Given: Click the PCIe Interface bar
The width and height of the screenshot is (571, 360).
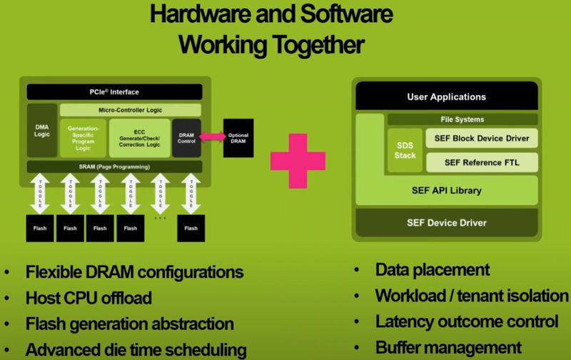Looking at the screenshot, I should (x=114, y=92).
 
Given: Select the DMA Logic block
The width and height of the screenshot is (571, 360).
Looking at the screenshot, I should (x=42, y=130).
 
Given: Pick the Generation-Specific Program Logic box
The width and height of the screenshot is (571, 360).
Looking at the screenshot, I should (x=83, y=137).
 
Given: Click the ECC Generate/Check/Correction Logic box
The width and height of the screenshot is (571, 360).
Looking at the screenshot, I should (x=139, y=137).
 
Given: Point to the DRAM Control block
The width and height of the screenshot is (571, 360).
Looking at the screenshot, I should (x=186, y=137).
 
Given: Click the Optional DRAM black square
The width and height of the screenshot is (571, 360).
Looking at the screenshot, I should (x=238, y=137).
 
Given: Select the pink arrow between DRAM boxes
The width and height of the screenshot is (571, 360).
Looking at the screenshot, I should (x=211, y=136).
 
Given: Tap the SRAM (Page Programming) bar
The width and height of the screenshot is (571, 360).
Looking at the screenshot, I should (x=114, y=166).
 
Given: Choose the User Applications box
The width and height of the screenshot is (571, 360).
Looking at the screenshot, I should (x=446, y=96).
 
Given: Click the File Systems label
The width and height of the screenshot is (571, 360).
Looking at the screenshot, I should (x=462, y=119).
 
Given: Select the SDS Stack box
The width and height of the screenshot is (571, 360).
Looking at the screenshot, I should (x=404, y=150).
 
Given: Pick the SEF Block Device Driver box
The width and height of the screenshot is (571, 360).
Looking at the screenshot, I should (x=482, y=138).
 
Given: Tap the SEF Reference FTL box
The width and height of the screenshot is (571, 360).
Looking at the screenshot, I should (x=482, y=162).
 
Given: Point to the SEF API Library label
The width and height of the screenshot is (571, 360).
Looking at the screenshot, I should (x=446, y=190).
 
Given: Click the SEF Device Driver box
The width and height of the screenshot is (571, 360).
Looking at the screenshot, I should (x=446, y=223).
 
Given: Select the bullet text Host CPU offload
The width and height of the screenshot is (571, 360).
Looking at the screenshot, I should (x=89, y=298).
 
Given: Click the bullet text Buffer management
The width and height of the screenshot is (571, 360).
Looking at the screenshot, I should (x=448, y=349).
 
